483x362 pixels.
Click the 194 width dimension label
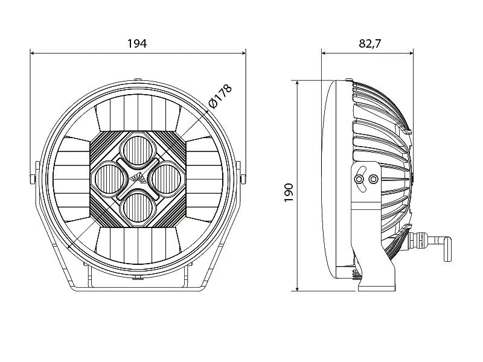click(138, 43)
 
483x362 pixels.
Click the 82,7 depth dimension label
click(369, 43)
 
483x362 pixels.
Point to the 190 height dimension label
click(289, 192)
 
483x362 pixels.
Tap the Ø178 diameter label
click(220, 96)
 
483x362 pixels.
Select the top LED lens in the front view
click(138, 151)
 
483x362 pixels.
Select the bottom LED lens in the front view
click(138, 206)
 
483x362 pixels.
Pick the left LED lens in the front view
click(110, 179)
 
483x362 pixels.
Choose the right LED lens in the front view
click(166, 179)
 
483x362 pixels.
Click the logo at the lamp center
click(138, 179)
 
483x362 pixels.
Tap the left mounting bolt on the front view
click(33, 179)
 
